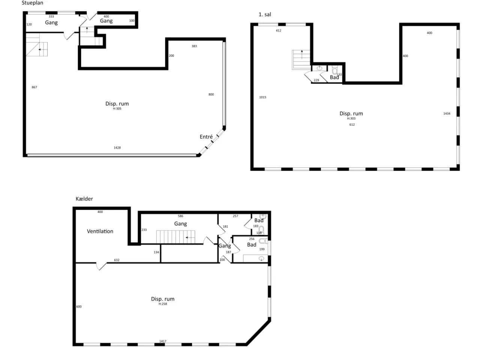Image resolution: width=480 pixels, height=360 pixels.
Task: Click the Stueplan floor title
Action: [x=32, y=3]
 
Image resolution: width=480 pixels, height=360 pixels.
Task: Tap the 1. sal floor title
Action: [x=265, y=14]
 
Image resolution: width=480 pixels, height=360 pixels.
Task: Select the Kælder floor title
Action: [x=84, y=199]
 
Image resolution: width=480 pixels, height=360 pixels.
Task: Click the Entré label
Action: [x=206, y=136]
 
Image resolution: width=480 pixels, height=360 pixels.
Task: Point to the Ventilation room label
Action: [x=100, y=231]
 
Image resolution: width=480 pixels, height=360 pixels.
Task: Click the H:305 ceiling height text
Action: [x=117, y=109]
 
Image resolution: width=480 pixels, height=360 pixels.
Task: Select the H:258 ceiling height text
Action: [x=163, y=304]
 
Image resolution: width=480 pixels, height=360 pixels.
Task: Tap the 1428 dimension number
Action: [x=117, y=147]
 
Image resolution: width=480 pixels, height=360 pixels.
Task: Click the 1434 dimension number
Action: [x=447, y=114]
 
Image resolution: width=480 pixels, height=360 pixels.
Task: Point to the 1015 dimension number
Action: [x=262, y=97]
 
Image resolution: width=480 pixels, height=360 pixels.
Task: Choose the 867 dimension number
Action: [x=34, y=87]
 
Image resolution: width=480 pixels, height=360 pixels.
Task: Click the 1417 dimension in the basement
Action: [x=163, y=341]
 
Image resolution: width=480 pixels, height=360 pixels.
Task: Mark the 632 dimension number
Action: [x=117, y=260]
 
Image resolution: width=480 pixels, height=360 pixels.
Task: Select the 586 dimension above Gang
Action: [x=180, y=216]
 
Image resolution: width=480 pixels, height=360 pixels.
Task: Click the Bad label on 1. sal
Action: [x=334, y=77]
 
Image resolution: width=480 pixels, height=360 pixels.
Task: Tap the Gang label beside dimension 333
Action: [x=51, y=22]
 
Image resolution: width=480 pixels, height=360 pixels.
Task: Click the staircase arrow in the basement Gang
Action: [x=190, y=237]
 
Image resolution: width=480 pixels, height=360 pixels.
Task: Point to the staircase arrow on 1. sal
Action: [x=302, y=55]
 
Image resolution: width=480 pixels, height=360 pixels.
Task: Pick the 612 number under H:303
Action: [x=352, y=124]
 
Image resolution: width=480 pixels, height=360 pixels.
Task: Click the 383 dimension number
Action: [x=194, y=46]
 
